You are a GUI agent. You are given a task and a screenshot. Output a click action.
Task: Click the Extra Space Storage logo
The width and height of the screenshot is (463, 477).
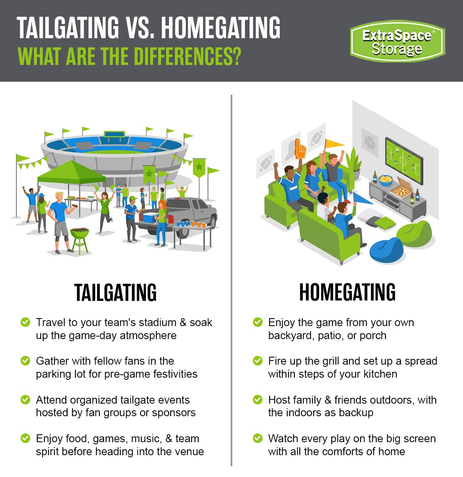(x=397, y=41)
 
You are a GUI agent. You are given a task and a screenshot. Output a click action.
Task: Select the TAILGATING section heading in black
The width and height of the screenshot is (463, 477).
(x=115, y=292)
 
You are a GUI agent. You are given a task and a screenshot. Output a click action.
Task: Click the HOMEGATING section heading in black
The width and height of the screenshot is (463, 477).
(x=347, y=292)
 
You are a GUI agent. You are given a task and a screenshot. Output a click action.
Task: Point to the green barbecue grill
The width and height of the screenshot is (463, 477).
(x=80, y=240)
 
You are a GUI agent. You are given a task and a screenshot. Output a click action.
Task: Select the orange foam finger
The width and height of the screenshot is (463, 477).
(x=300, y=149)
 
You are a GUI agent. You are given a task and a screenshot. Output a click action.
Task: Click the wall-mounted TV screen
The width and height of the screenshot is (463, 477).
(x=404, y=161)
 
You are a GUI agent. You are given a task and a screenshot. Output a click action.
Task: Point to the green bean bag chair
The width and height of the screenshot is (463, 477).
(x=415, y=233)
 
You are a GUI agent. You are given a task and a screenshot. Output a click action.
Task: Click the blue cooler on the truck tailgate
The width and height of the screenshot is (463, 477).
(x=150, y=217)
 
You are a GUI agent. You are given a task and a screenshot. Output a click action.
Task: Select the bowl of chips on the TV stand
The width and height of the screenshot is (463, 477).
(x=386, y=180)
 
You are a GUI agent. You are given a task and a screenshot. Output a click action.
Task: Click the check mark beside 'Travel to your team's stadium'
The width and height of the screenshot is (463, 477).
(x=25, y=322)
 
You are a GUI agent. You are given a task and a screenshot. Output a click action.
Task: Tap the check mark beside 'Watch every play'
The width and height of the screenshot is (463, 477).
(x=258, y=438)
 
